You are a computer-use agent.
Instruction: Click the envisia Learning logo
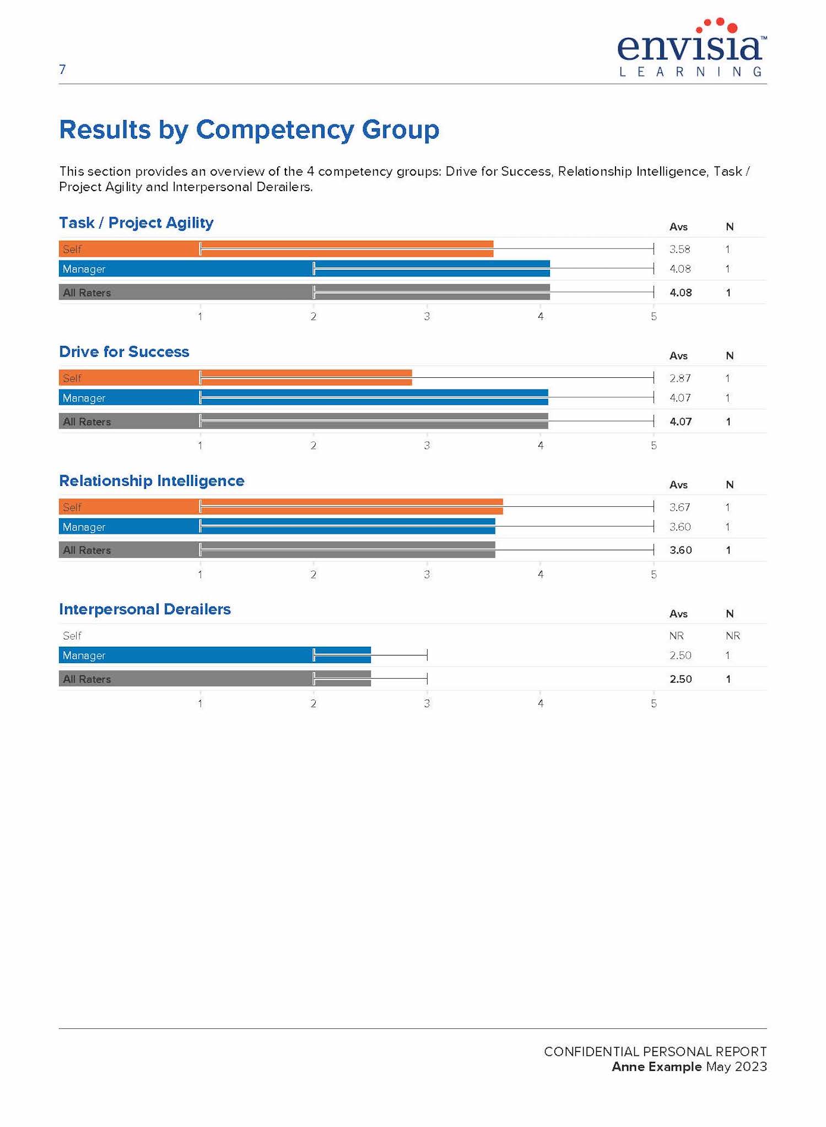click(x=692, y=48)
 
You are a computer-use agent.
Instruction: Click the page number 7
click(x=62, y=69)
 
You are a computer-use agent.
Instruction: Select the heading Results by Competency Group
click(x=249, y=130)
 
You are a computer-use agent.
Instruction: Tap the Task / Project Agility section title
click(x=136, y=223)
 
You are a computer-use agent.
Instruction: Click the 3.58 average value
click(x=679, y=249)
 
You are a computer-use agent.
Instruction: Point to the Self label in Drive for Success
click(x=72, y=378)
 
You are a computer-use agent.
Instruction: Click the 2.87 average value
click(x=679, y=378)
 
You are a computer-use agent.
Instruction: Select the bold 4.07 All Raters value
click(x=681, y=421)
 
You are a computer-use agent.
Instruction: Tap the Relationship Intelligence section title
click(x=152, y=480)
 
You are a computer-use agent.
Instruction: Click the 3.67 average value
click(x=679, y=507)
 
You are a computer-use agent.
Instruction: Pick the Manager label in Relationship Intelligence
click(x=84, y=527)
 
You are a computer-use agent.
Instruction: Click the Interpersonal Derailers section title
click(x=145, y=609)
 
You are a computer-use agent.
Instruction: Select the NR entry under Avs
click(x=676, y=636)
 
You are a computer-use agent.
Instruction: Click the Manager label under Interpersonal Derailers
click(x=84, y=655)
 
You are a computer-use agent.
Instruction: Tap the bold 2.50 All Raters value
click(x=681, y=679)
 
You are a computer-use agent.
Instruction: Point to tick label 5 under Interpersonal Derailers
click(x=654, y=703)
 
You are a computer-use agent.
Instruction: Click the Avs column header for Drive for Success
click(x=678, y=356)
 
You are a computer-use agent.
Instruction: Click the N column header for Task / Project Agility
click(x=730, y=227)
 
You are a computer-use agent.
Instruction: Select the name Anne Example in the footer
click(x=656, y=1066)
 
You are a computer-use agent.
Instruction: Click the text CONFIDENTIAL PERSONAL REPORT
click(x=655, y=1051)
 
